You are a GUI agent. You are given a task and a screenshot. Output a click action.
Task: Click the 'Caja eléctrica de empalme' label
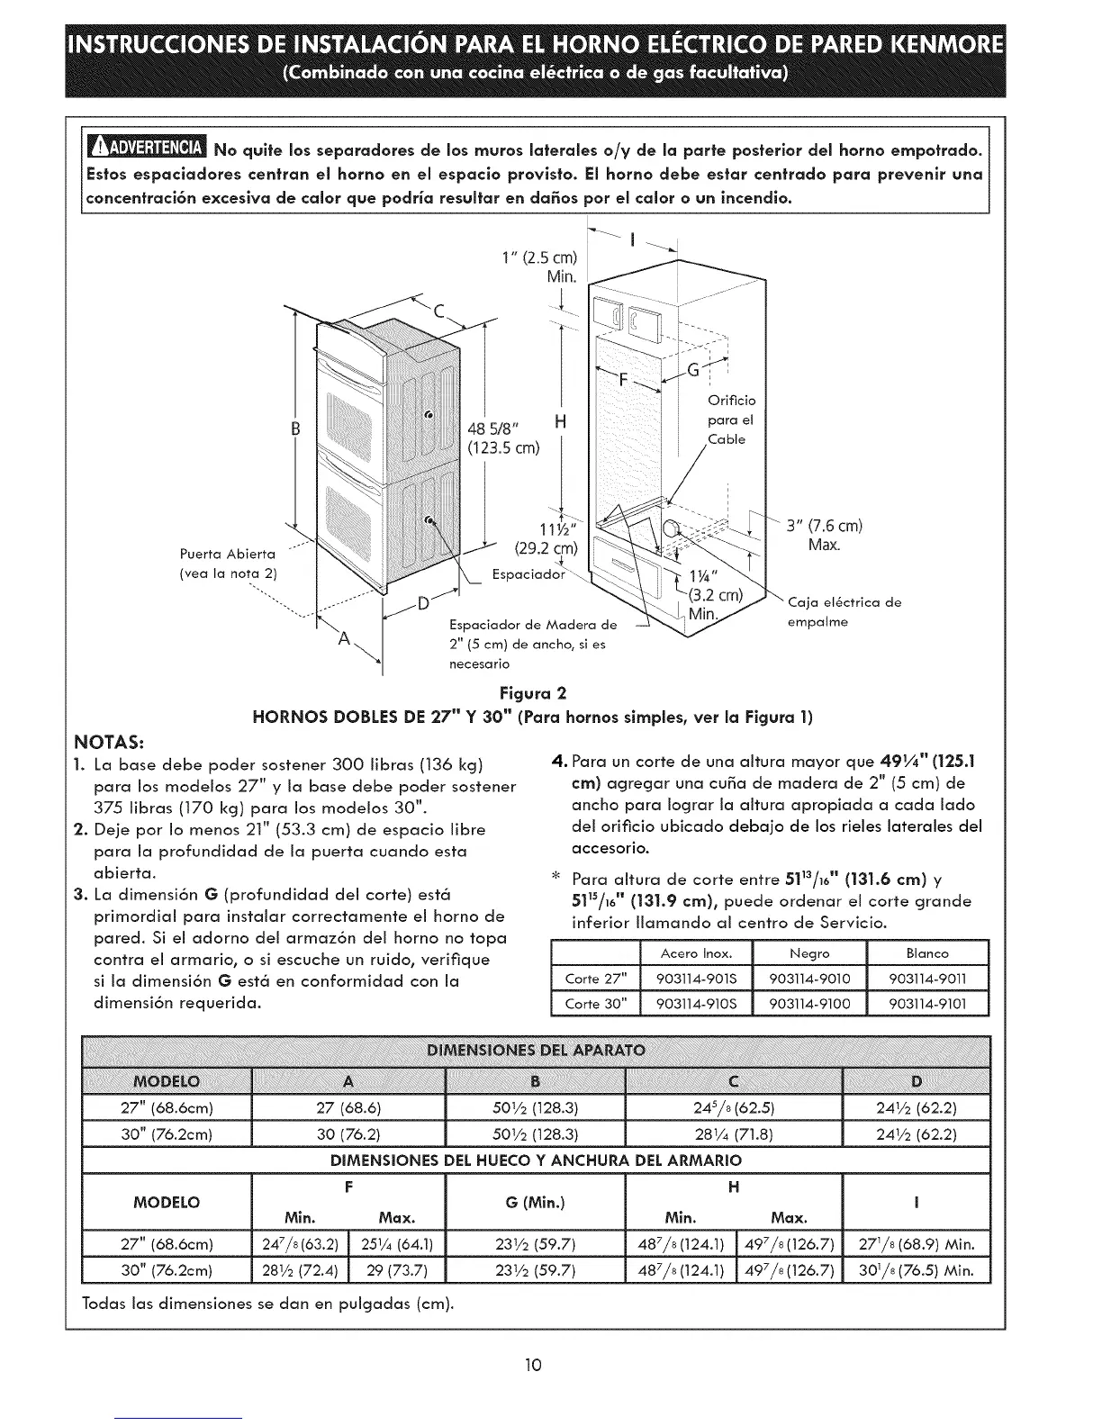[x=843, y=611]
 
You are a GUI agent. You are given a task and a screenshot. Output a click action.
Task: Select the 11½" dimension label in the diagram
[x=547, y=529]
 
